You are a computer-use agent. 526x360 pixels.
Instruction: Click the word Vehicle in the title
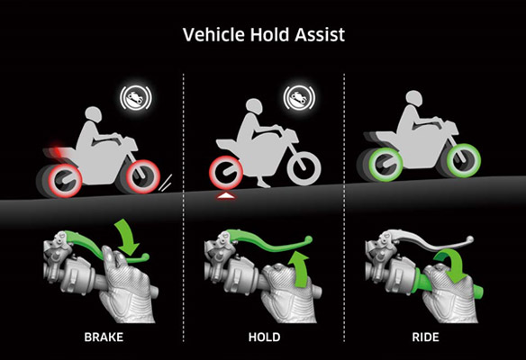pyautogui.click(x=213, y=34)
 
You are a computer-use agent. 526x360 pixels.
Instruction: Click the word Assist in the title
pyautogui.click(x=320, y=34)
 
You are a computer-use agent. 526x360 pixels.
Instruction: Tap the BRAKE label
pyautogui.click(x=104, y=337)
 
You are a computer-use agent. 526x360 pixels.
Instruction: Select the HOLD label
pyautogui.click(x=264, y=337)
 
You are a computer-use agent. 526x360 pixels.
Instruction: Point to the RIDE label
pyautogui.click(x=425, y=337)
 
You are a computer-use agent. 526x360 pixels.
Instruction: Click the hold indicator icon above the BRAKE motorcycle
pyautogui.click(x=136, y=98)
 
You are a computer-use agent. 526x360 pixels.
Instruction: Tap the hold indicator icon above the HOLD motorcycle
pyautogui.click(x=299, y=98)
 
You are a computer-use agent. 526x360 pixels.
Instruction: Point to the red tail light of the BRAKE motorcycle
pyautogui.click(x=57, y=150)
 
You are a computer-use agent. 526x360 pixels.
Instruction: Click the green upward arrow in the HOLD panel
pyautogui.click(x=299, y=270)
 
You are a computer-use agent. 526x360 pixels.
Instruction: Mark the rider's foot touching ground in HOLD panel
pyautogui.click(x=263, y=183)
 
